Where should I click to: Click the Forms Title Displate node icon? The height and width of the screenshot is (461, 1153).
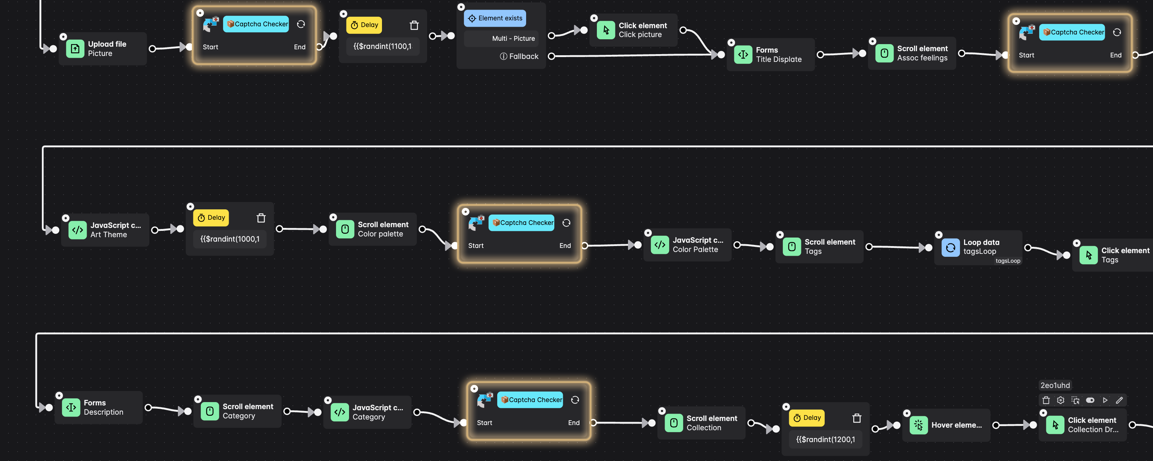(x=743, y=54)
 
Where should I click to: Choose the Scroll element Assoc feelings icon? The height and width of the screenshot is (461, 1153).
(x=884, y=53)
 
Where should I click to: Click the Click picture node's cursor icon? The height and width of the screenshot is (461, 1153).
(x=606, y=30)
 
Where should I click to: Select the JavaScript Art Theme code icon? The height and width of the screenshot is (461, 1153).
(x=77, y=230)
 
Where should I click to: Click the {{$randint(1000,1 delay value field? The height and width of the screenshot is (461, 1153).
(x=230, y=239)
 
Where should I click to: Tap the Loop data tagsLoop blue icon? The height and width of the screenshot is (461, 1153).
(x=950, y=247)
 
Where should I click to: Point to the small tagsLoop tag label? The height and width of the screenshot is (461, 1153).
(x=1007, y=261)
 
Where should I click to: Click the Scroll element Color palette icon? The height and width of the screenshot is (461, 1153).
(x=345, y=229)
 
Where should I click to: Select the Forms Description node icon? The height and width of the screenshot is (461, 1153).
(x=71, y=407)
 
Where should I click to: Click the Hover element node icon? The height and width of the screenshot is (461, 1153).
(x=918, y=425)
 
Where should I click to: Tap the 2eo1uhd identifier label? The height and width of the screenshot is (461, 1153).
(x=1054, y=385)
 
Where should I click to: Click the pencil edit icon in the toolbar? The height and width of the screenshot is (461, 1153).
(x=1119, y=400)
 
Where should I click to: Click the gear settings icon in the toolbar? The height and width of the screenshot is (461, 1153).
(x=1060, y=400)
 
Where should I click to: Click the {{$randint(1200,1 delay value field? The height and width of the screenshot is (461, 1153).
(x=825, y=440)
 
